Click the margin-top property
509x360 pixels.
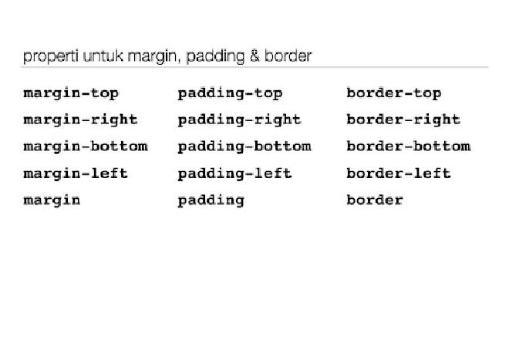coord(71,94)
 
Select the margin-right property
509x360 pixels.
coord(80,120)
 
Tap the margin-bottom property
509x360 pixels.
coord(86,146)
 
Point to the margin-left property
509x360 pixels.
coord(76,173)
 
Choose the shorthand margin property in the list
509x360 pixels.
coord(52,200)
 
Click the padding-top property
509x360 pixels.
coord(230,94)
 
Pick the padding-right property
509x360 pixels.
coord(240,120)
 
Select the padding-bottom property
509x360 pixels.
coord(244,146)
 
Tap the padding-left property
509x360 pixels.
coord(234,173)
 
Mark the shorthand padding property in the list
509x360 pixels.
coord(211,200)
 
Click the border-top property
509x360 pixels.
coord(394,93)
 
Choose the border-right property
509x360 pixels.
coord(403,119)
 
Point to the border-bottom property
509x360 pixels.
coord(409,146)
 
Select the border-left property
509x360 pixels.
coord(399,173)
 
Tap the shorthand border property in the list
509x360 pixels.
coord(375,200)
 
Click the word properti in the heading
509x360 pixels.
coord(51,56)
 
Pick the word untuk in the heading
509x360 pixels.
coord(103,56)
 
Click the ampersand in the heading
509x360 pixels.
coord(254,56)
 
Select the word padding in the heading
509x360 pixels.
coord(215,56)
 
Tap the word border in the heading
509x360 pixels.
coord(288,56)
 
